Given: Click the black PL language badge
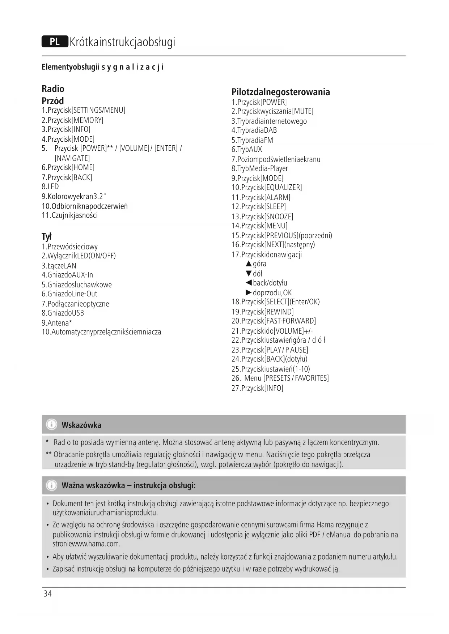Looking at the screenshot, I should [55, 42].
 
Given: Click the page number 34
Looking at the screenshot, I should [47, 594].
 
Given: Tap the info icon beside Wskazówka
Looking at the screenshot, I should [52, 424].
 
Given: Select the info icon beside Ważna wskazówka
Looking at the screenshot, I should [52, 485].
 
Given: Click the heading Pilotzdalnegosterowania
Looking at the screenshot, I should [280, 92].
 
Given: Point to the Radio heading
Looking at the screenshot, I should [53, 89].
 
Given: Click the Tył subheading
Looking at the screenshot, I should [47, 236].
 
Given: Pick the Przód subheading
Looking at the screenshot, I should [53, 101].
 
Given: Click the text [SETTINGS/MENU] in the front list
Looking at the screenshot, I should [98, 110].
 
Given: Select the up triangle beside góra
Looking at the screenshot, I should [249, 264].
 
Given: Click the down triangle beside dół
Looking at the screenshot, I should [249, 274].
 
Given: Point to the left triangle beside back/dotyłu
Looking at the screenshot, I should [249, 283].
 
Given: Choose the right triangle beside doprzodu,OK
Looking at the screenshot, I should [249, 293].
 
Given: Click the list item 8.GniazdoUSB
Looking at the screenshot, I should [63, 313].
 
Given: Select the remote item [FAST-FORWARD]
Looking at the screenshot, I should [290, 321].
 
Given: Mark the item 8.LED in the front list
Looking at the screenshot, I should [50, 187].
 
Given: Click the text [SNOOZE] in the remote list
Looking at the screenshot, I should [279, 217].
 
